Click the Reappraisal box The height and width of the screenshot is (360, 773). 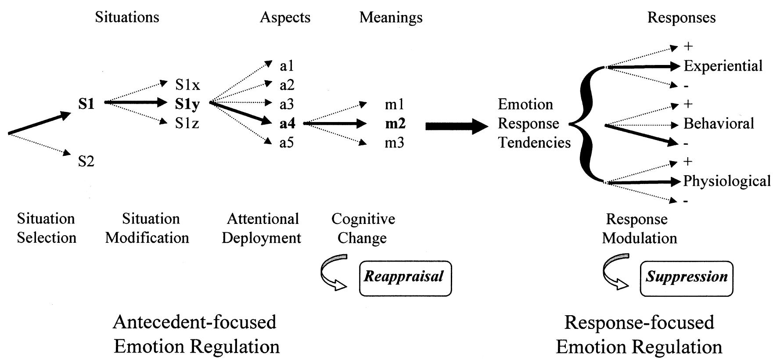click(x=405, y=278)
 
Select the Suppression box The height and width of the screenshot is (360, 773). click(x=687, y=278)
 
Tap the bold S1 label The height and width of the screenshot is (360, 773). click(x=86, y=104)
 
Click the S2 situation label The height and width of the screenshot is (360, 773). click(x=86, y=162)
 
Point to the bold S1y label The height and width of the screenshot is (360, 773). click(x=187, y=104)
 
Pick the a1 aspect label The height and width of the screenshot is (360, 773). click(x=287, y=66)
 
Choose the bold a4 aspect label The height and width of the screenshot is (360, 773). click(x=288, y=124)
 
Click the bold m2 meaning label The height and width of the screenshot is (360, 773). click(x=395, y=124)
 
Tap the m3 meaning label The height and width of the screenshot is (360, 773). click(x=394, y=143)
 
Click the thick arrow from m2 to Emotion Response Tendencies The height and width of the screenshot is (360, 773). click(x=457, y=126)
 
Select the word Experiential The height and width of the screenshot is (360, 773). click(x=723, y=66)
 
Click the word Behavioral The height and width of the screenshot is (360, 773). click(x=718, y=123)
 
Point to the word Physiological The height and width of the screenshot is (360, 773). click(x=726, y=181)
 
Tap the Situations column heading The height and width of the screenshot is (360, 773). click(x=127, y=17)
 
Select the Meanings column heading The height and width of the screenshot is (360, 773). click(x=391, y=17)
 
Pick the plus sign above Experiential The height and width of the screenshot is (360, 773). click(x=688, y=47)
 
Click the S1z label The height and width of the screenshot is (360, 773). click(x=187, y=123)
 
